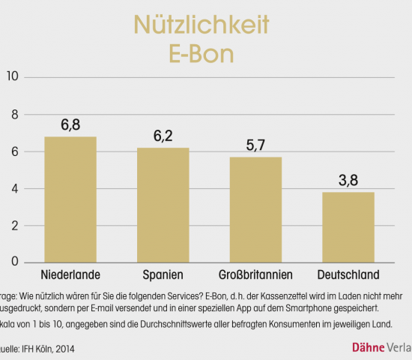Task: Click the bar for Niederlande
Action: click(x=70, y=199)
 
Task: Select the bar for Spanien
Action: click(x=163, y=205)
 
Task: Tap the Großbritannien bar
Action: click(x=255, y=209)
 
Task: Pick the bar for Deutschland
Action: click(x=348, y=227)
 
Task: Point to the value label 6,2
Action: click(x=163, y=136)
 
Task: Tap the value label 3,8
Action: click(x=348, y=180)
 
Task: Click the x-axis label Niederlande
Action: click(x=70, y=274)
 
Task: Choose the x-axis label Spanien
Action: click(x=163, y=274)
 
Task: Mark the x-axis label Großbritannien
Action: click(x=255, y=274)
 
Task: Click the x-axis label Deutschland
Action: click(x=348, y=274)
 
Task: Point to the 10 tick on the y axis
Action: click(x=11, y=77)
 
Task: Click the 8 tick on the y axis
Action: click(x=13, y=115)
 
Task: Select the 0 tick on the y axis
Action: click(x=13, y=262)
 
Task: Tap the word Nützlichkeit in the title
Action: click(x=201, y=25)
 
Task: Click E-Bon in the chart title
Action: click(x=201, y=55)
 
